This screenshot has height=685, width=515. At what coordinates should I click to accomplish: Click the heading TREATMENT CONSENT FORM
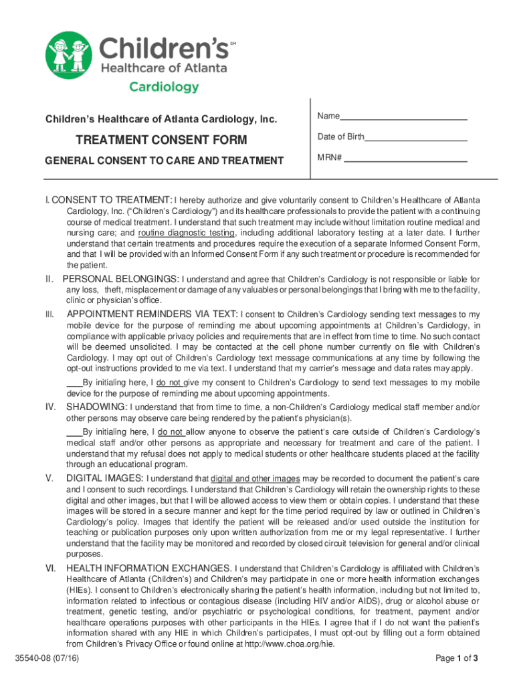tap(161, 140)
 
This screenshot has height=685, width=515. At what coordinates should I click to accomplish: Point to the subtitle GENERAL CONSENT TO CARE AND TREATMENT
tap(164, 161)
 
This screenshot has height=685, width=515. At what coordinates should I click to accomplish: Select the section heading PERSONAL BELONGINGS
tap(120, 278)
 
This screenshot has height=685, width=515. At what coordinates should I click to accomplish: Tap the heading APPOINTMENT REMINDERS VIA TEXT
tap(152, 314)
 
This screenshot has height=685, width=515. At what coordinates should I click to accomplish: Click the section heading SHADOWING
tap(96, 407)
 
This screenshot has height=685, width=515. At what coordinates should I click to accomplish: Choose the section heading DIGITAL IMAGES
tap(104, 478)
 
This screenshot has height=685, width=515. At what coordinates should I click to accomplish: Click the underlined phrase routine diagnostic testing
tap(186, 233)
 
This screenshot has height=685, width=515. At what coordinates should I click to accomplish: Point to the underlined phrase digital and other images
tap(255, 479)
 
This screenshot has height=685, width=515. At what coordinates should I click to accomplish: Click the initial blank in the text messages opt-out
tap(74, 383)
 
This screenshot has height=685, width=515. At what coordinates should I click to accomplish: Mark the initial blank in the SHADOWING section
tap(74, 431)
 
